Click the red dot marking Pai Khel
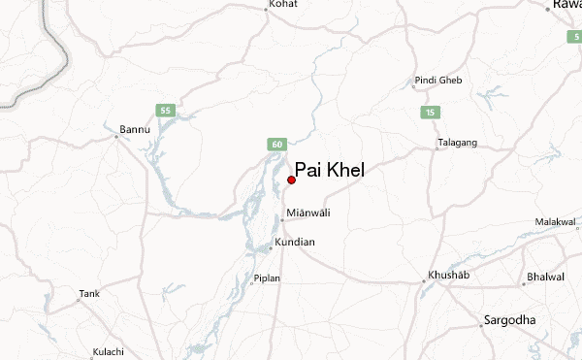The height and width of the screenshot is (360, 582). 291,180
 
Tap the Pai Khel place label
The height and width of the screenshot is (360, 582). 330,169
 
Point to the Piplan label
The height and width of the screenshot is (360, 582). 267,278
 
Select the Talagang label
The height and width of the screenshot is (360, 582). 457,143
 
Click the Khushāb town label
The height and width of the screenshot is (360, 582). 449,277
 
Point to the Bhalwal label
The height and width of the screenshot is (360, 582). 545,277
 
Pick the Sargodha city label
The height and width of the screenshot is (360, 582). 512,319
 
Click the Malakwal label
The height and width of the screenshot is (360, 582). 555,222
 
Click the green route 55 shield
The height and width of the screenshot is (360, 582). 165,111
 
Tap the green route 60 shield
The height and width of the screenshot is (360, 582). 277,145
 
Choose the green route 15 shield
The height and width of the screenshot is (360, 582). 428,114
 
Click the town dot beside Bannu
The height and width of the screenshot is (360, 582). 116,137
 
